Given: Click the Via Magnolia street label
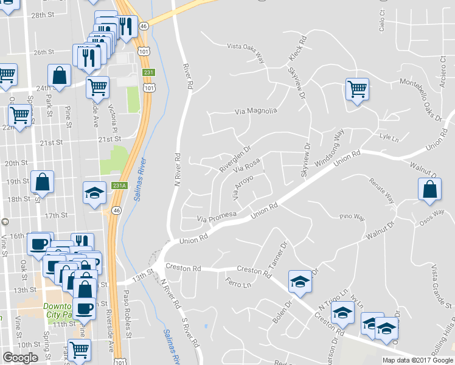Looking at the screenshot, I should pos(255,111).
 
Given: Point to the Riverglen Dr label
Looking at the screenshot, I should pos(235,157).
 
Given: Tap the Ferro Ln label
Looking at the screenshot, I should pos(238,283).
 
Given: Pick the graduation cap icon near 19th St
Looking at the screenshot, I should pos(95,193).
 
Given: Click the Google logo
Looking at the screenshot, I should pos(21,358).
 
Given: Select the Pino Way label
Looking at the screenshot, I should pos(352,217).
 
